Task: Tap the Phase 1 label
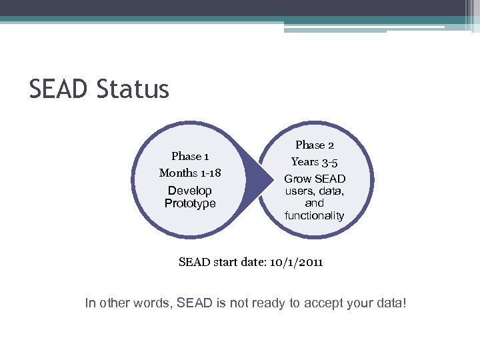pos(190,156)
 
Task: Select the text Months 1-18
pos(190,173)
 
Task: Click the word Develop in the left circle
pos(190,191)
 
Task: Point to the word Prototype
pos(190,203)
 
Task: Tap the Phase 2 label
pos(314,145)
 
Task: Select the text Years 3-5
pos(314,161)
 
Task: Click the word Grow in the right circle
pos(298,179)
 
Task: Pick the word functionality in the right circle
pos(314,215)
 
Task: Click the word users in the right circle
pos(300,191)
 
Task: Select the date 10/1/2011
pos(297,262)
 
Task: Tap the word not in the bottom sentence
pos(249,303)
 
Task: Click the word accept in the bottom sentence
pos(326,303)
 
